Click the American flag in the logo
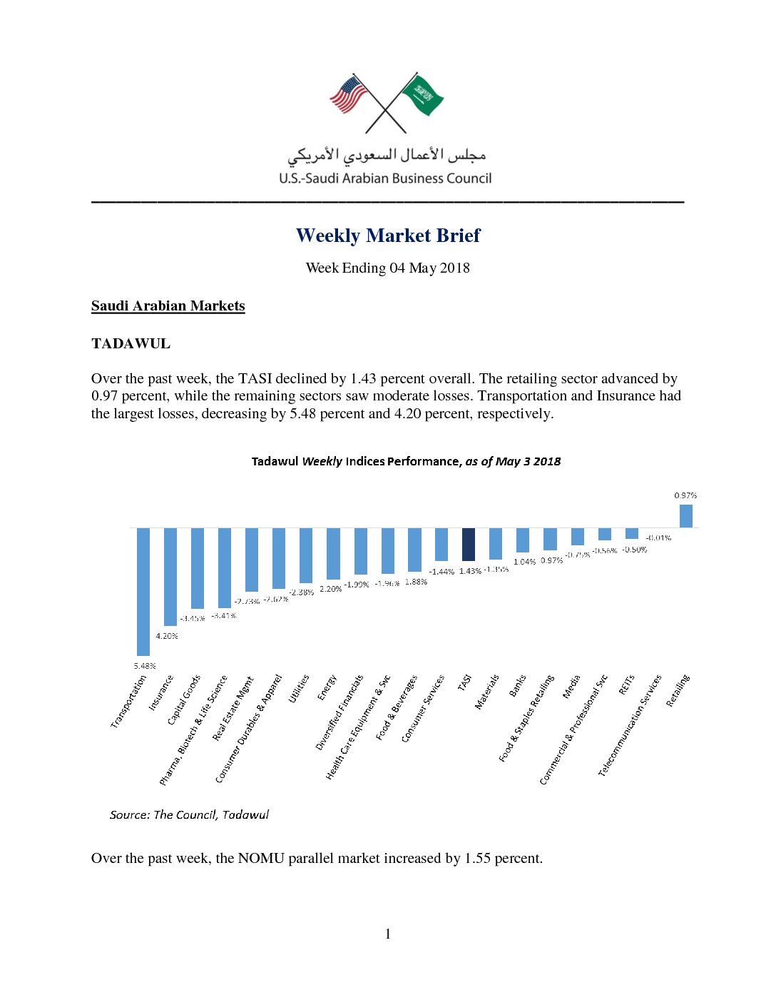point(348,94)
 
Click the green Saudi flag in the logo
point(424,95)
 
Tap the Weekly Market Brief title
point(388,236)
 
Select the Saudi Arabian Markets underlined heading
point(168,306)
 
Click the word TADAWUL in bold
point(131,344)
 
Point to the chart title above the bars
point(406,461)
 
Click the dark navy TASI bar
point(469,544)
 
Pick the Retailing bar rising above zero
point(685,516)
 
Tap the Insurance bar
point(170,577)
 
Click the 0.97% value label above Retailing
point(685,495)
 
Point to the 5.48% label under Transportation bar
point(144,666)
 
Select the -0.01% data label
point(658,537)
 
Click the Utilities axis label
point(299,689)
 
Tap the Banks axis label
point(517,686)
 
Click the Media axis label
point(571,687)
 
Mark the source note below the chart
point(189,814)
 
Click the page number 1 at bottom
point(388,934)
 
